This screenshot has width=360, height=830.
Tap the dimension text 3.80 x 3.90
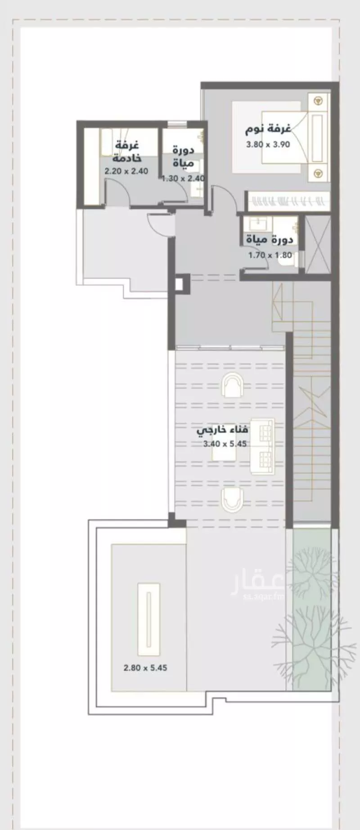(x=268, y=144)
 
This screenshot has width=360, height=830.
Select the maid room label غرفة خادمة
(x=127, y=152)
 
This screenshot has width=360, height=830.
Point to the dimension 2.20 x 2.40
(x=126, y=171)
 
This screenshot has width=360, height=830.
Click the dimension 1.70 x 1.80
(x=270, y=255)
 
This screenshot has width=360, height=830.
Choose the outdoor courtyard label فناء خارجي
(x=223, y=430)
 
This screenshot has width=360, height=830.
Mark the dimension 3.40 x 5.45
(x=225, y=444)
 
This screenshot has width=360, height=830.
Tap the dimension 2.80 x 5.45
(x=145, y=668)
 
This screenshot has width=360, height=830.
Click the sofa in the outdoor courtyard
(x=262, y=446)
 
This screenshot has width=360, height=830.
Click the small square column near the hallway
(x=179, y=284)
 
